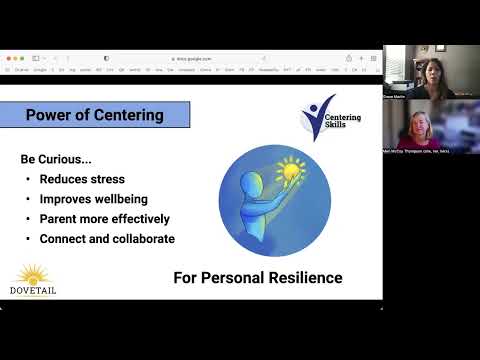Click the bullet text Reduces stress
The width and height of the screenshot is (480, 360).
(82, 179)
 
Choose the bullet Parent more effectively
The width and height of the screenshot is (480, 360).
(104, 219)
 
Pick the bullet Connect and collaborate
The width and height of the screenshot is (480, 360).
(107, 239)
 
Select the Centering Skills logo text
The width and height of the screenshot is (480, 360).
(345, 123)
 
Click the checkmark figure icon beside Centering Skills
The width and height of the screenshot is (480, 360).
(319, 118)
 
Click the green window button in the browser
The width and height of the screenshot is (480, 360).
(24, 59)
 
